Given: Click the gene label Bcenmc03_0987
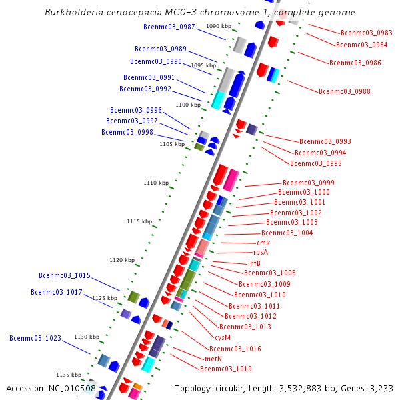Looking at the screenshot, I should [169, 27].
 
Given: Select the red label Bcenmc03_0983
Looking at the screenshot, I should [366, 33].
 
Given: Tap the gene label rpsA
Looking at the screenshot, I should [260, 253].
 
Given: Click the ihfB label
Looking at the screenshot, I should [254, 263].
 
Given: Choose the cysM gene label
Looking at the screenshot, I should [223, 337].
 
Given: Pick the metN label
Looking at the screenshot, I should [213, 359].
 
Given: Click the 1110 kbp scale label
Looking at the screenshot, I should [156, 183].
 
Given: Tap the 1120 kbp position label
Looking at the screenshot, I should [122, 260].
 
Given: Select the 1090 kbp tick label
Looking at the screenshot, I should [219, 26].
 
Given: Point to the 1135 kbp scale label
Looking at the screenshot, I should [69, 375].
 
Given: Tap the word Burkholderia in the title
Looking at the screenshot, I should [73, 13].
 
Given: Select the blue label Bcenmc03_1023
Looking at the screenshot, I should [35, 338].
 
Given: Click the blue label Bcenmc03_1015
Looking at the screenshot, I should [65, 275].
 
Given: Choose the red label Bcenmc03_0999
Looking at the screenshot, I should [309, 183].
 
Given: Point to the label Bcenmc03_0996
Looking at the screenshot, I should [136, 110].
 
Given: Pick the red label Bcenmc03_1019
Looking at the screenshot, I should [226, 369].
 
